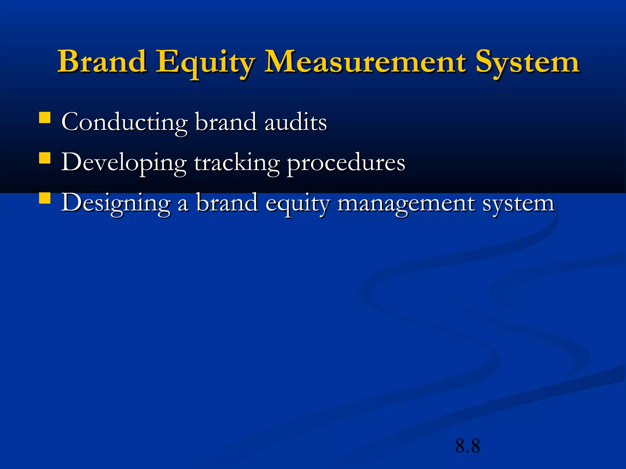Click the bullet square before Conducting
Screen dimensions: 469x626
click(x=45, y=118)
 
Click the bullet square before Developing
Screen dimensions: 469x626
click(x=45, y=158)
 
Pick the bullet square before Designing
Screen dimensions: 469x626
click(x=45, y=198)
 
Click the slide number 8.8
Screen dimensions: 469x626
click(x=468, y=446)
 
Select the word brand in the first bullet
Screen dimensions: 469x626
click(x=226, y=122)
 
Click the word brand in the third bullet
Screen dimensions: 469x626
click(x=226, y=203)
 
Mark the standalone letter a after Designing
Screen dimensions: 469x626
click(x=183, y=205)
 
